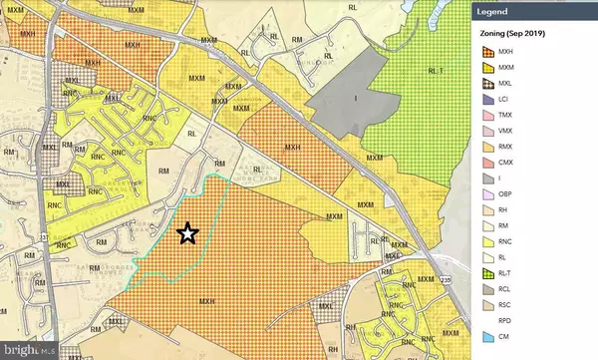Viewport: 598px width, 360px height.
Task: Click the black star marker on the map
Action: point(187,233)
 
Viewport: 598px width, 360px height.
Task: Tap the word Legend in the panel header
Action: point(501,12)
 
